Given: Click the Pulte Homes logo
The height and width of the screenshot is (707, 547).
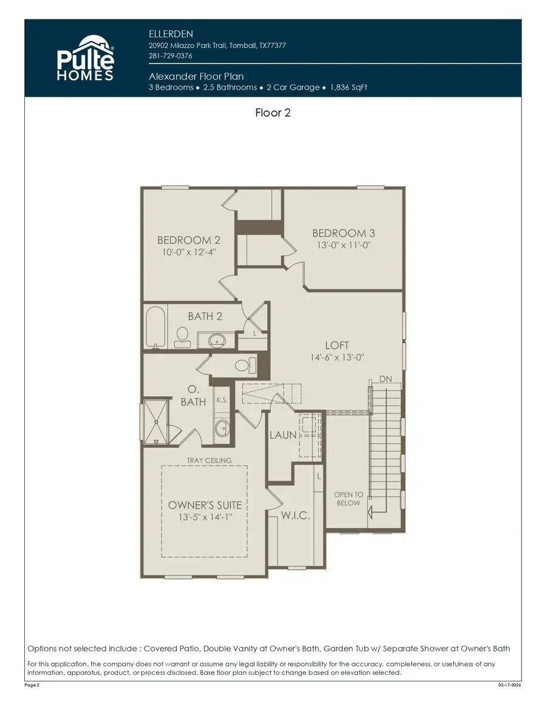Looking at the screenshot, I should click(85, 59).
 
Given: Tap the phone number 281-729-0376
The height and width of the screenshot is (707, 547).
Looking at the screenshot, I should click(171, 56).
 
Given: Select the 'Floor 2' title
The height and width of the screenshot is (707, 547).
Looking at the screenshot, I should click(273, 112).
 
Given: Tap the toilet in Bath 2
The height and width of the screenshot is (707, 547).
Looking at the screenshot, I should click(182, 336).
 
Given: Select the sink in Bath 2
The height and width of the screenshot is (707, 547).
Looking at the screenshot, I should click(216, 339).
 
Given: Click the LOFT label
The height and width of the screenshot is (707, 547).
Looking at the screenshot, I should click(337, 345).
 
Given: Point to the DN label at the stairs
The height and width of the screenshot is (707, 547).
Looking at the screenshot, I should click(385, 379).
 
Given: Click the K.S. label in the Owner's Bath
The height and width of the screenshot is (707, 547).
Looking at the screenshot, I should click(222, 400).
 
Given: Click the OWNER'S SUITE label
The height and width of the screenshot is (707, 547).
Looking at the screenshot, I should click(205, 505).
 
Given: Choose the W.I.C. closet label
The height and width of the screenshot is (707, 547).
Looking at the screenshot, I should click(295, 516).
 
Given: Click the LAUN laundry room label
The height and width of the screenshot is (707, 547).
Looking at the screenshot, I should click(283, 435).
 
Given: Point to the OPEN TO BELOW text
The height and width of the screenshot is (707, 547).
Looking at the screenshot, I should click(348, 498).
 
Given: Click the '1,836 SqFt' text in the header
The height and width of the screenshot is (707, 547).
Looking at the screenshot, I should click(349, 87).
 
